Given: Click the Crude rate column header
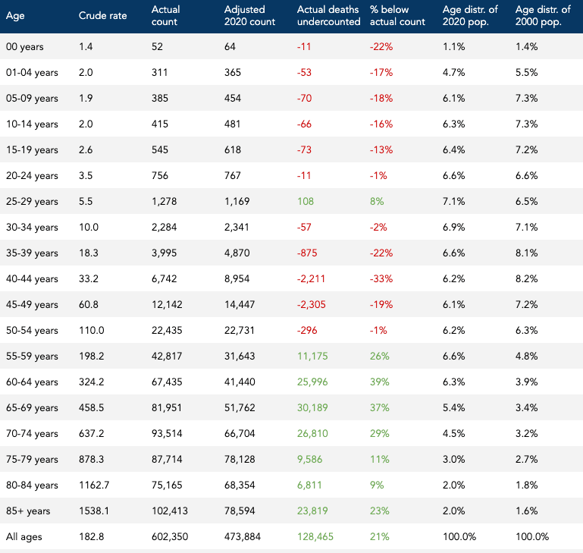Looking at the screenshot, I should pyautogui.click(x=102, y=16).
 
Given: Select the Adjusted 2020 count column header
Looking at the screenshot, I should pyautogui.click(x=249, y=16).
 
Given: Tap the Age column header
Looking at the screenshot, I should pyautogui.click(x=15, y=16).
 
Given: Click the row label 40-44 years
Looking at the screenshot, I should pyautogui.click(x=32, y=278).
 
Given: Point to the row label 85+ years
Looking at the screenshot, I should pyautogui.click(x=30, y=511).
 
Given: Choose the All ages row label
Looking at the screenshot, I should pyautogui.click(x=24, y=536).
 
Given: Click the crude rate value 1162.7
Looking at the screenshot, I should pyautogui.click(x=94, y=485).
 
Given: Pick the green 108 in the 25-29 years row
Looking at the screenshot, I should pyautogui.click(x=305, y=201).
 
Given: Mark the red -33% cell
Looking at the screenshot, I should pyautogui.click(x=381, y=278).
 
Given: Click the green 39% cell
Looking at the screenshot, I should pyautogui.click(x=380, y=382).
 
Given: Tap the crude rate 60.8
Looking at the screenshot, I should pyautogui.click(x=89, y=304).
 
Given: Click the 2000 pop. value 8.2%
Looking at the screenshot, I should pyautogui.click(x=526, y=278).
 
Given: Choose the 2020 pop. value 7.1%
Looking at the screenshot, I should pyautogui.click(x=453, y=201).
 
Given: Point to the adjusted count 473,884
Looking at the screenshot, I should pyautogui.click(x=245, y=536).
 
